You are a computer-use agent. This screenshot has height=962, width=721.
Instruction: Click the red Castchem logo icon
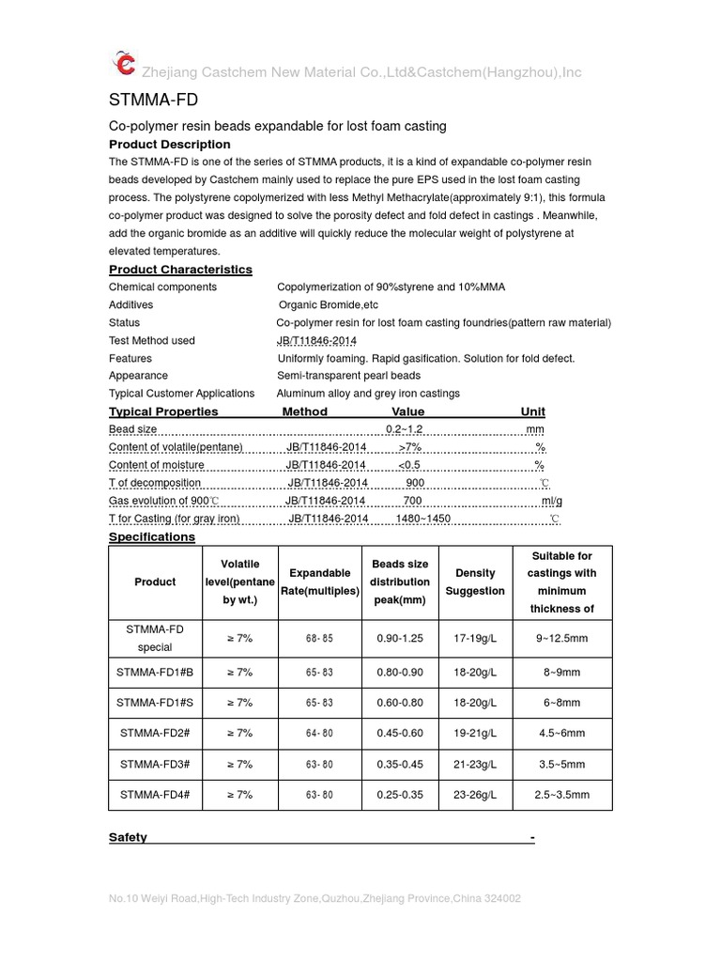pos(124,63)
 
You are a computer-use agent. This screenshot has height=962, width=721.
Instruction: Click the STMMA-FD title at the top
pos(153,100)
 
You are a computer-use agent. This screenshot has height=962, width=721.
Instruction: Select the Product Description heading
pos(169,144)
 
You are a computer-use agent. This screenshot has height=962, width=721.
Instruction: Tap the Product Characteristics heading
pos(180,270)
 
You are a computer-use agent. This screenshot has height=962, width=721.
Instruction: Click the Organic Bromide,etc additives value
pos(329,304)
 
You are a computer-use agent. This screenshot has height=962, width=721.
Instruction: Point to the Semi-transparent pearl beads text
pos(348,375)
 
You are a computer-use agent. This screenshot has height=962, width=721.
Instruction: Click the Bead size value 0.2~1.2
pos(405,428)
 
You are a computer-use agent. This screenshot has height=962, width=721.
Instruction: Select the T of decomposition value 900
pos(415,482)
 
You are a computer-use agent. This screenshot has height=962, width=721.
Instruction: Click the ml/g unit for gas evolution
pos(551,501)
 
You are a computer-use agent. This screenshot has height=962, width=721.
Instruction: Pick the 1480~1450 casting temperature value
pos(422,519)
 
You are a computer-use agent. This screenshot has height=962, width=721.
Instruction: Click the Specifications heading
pos(152,536)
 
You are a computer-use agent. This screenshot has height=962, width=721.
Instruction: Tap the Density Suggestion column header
pos(475,582)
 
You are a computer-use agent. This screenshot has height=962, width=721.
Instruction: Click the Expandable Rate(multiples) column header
pos(320,582)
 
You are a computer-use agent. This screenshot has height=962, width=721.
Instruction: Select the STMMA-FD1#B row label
pos(155,672)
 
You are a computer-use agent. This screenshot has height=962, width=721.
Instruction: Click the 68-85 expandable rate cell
pos(320,638)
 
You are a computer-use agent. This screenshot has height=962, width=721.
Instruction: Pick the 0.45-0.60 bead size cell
pos(400,733)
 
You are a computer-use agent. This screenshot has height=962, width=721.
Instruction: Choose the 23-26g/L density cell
pos(475,794)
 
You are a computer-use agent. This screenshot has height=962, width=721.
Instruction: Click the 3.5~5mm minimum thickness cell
pos(562,764)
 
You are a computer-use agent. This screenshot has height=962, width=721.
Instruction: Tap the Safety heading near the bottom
pos(128,837)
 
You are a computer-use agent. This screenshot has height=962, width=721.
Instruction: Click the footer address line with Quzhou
pos(314,899)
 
